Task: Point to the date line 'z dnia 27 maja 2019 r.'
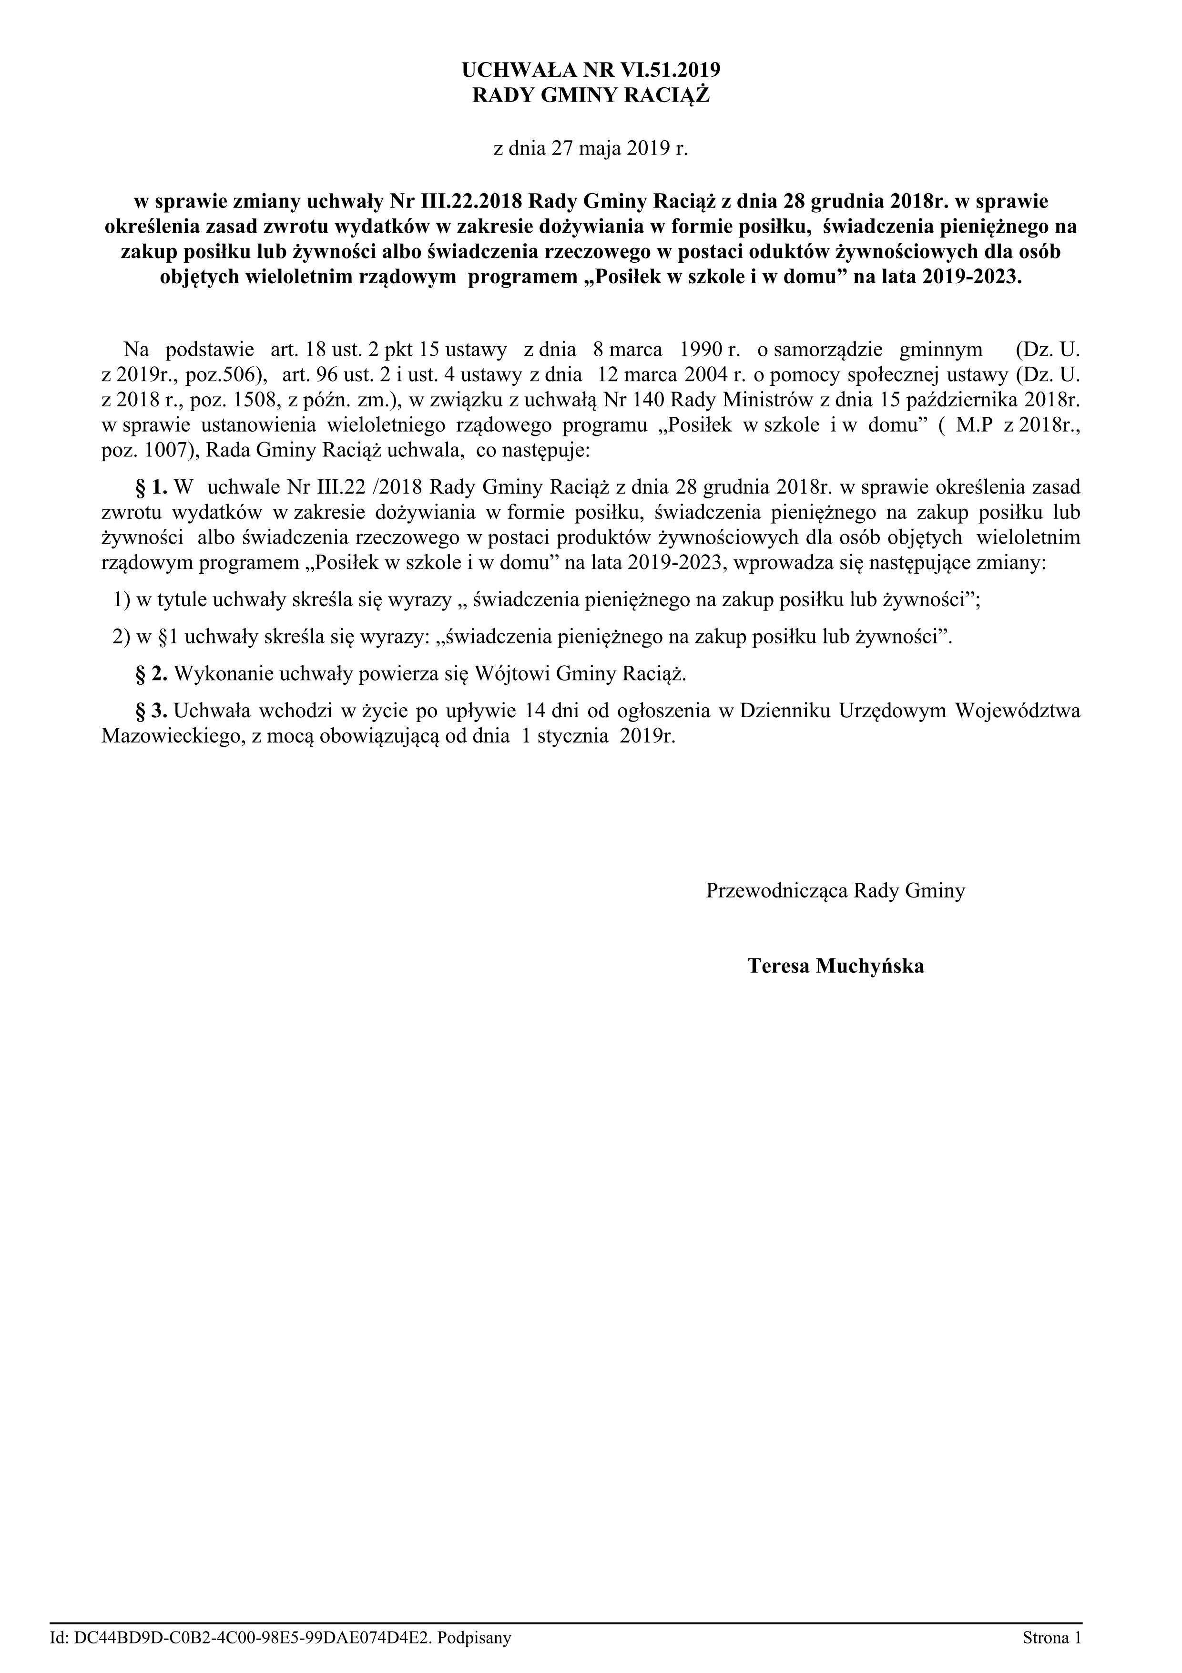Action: pyautogui.click(x=591, y=149)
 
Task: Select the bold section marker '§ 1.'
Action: pyautogui.click(x=152, y=486)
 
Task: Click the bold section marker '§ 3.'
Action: pyautogui.click(x=152, y=711)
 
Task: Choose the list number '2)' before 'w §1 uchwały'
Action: pyautogui.click(x=122, y=637)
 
